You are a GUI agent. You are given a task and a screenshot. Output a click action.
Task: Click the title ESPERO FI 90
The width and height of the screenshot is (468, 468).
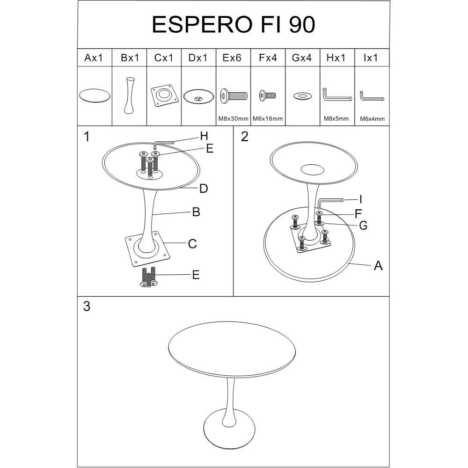click(233, 24)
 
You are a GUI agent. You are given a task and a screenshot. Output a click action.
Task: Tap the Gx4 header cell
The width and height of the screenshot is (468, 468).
click(302, 58)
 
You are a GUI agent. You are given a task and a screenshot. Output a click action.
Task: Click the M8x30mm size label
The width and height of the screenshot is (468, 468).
click(233, 118)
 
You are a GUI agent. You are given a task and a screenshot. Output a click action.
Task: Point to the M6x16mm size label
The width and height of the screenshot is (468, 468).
click(268, 118)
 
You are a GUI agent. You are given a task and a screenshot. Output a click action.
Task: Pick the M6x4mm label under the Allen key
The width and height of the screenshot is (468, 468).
click(372, 119)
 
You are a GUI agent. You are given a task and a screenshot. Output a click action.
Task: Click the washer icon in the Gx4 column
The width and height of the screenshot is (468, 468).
click(303, 96)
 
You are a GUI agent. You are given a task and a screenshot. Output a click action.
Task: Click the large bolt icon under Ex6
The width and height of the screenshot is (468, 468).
click(234, 96)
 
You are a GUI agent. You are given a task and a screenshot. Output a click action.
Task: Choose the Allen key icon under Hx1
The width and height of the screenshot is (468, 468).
click(337, 95)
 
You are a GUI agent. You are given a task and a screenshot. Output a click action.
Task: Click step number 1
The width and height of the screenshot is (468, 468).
click(87, 137)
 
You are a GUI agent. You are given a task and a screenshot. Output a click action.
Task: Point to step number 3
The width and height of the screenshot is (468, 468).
click(87, 306)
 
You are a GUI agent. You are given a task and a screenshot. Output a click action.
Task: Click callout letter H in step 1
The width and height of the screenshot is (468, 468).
click(204, 136)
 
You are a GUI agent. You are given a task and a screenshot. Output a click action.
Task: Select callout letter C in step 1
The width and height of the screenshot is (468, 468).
click(192, 244)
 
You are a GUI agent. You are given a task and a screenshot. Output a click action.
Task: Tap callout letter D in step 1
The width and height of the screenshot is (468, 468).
click(203, 188)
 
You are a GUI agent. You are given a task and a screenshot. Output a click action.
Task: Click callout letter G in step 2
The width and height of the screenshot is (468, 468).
click(363, 226)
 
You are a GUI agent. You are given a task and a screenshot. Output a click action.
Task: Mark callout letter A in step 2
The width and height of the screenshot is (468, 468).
click(378, 265)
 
